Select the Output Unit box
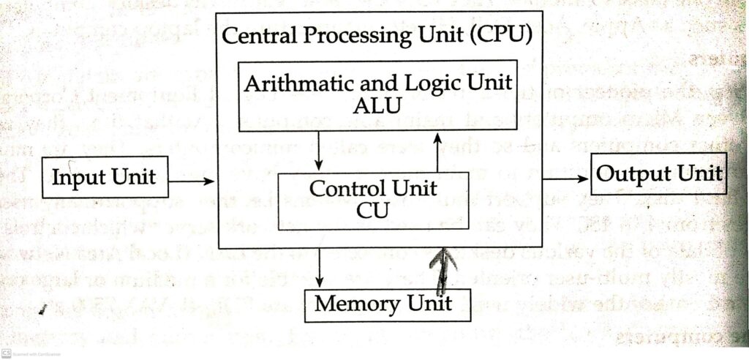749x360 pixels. pyautogui.click(x=658, y=175)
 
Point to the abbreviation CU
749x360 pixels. pyautogui.click(x=373, y=211)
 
